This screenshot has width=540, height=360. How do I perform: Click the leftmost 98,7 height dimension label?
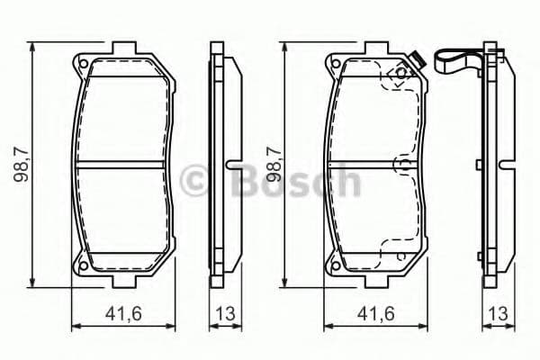click(x=21, y=166)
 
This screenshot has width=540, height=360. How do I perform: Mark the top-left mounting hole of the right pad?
click(x=330, y=65)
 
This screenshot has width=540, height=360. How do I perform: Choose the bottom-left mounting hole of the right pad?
click(x=330, y=265)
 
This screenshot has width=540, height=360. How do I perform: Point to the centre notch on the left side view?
click(x=231, y=165)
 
